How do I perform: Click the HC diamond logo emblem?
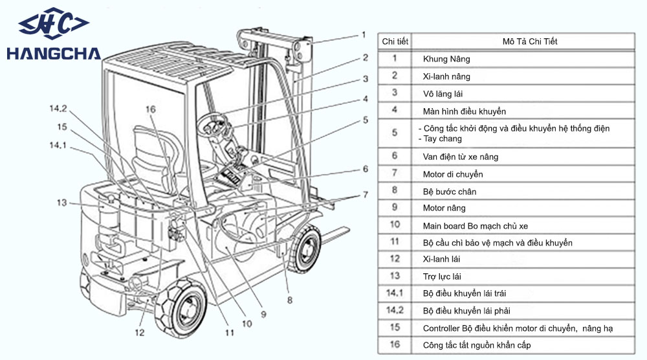click(x=54, y=23)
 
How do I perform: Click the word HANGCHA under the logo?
click(x=54, y=54)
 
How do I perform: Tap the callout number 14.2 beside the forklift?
click(x=58, y=109)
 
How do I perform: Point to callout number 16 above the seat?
click(x=151, y=109)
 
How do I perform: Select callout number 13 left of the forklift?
click(x=61, y=203)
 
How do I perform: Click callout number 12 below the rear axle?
click(x=140, y=332)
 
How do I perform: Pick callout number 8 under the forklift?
click(x=290, y=300)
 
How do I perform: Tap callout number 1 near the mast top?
click(x=364, y=35)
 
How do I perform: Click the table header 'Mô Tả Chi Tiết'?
click(x=530, y=41)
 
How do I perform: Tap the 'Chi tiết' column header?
click(x=395, y=41)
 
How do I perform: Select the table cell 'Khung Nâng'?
click(x=446, y=59)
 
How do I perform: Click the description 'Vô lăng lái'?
click(x=443, y=94)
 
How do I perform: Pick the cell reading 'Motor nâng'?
click(x=444, y=208)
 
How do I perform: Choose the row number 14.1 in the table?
click(x=395, y=293)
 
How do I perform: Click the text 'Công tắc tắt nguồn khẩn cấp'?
click(x=477, y=345)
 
